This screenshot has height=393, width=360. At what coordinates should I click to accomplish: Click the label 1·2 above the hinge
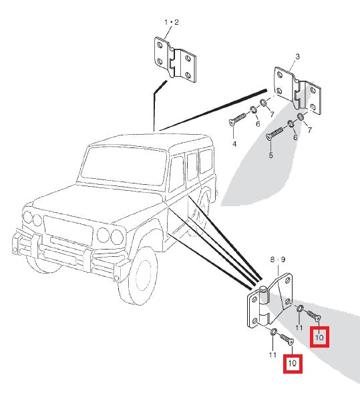click(x=172, y=22)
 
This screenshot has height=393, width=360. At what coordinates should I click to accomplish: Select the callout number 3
click(x=297, y=57)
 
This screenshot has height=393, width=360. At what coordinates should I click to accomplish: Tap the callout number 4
click(x=234, y=144)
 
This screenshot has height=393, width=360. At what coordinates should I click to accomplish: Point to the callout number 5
click(x=271, y=155)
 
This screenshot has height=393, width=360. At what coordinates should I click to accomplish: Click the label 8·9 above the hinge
click(x=278, y=260)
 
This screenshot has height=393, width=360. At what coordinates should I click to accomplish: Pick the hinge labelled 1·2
click(x=175, y=59)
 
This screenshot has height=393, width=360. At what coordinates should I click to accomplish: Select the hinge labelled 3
click(x=297, y=91)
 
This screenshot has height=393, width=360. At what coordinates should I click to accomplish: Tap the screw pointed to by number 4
click(x=238, y=119)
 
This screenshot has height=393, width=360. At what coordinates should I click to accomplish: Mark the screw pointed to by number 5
click(x=275, y=133)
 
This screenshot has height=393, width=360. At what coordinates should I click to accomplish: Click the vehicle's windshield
click(x=124, y=165)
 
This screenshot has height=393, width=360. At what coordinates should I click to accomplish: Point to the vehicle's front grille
click(x=68, y=231)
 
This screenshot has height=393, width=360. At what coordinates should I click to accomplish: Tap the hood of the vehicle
click(x=98, y=202)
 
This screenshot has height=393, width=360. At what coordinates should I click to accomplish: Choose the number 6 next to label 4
click(x=258, y=124)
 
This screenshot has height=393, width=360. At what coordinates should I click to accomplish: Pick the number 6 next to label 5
click(x=295, y=137)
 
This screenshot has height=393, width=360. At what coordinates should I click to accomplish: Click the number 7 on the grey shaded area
click(x=310, y=130)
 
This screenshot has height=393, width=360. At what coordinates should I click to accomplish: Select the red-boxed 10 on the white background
click(x=293, y=364)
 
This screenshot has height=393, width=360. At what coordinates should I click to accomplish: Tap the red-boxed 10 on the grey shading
click(x=319, y=337)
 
